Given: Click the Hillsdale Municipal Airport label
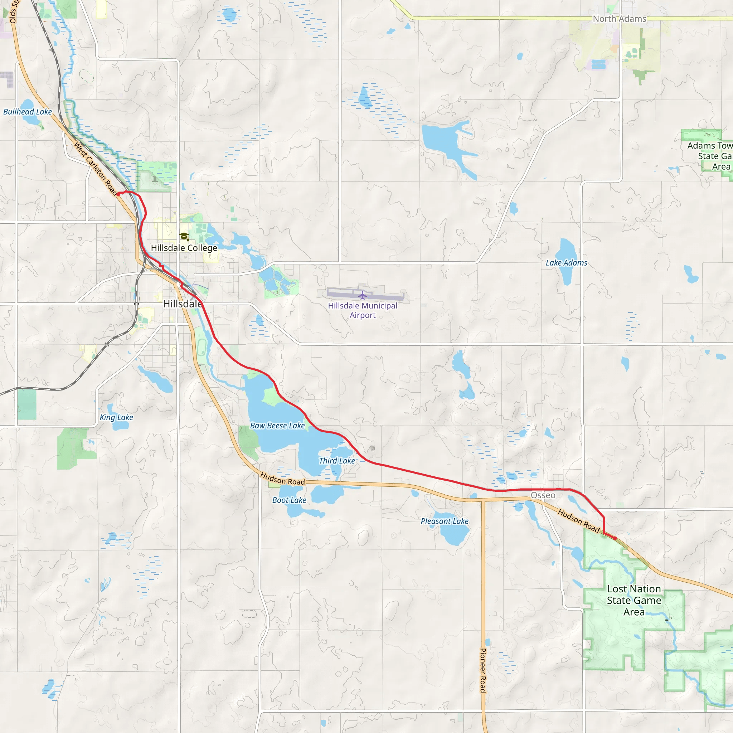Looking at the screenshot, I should pyautogui.click(x=362, y=310).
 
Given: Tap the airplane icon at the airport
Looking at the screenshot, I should pyautogui.click(x=362, y=295).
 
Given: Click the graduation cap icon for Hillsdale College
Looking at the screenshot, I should pyautogui.click(x=184, y=237).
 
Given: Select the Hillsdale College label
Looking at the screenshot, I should pyautogui.click(x=184, y=248).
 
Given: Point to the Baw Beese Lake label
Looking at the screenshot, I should pyautogui.click(x=277, y=426).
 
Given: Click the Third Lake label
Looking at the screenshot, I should pyautogui.click(x=337, y=461).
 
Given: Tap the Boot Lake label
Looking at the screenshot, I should pyautogui.click(x=289, y=500).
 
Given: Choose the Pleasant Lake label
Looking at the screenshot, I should pyautogui.click(x=444, y=521).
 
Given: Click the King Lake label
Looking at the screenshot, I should pyautogui.click(x=116, y=417).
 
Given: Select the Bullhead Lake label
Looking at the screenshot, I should pyautogui.click(x=27, y=112).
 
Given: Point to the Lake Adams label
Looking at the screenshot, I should pyautogui.click(x=566, y=263).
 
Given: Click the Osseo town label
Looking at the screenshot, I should pyautogui.click(x=543, y=495).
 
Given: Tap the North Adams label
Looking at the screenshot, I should pyautogui.click(x=620, y=19).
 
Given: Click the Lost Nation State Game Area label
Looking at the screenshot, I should pyautogui.click(x=634, y=600).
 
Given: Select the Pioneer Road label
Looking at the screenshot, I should pyautogui.click(x=483, y=670).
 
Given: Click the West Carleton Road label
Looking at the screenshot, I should pyautogui.click(x=96, y=169).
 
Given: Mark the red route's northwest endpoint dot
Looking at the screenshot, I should pyautogui.click(x=118, y=194).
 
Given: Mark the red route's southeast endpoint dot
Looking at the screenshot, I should pyautogui.click(x=615, y=538).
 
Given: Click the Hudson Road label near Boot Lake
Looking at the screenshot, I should pyautogui.click(x=282, y=479).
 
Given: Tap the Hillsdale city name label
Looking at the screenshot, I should pyautogui.click(x=183, y=304).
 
